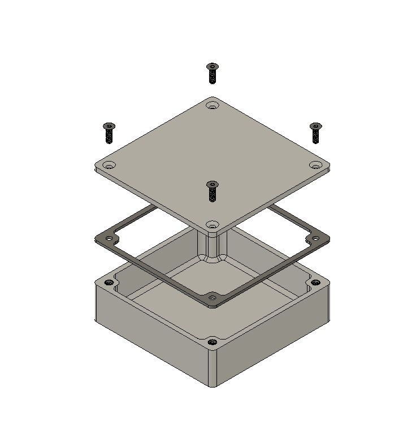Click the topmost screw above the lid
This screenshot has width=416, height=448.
click(212, 73)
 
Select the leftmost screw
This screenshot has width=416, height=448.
click(109, 133)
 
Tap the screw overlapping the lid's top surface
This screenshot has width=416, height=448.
click(212, 191)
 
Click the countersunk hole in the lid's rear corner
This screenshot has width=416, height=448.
click(212, 106)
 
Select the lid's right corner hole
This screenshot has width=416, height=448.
click(316, 165)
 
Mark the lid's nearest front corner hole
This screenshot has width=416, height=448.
click(212, 225)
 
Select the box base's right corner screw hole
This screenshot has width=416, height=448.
click(316, 282)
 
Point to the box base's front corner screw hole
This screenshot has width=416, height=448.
click(212, 342)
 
